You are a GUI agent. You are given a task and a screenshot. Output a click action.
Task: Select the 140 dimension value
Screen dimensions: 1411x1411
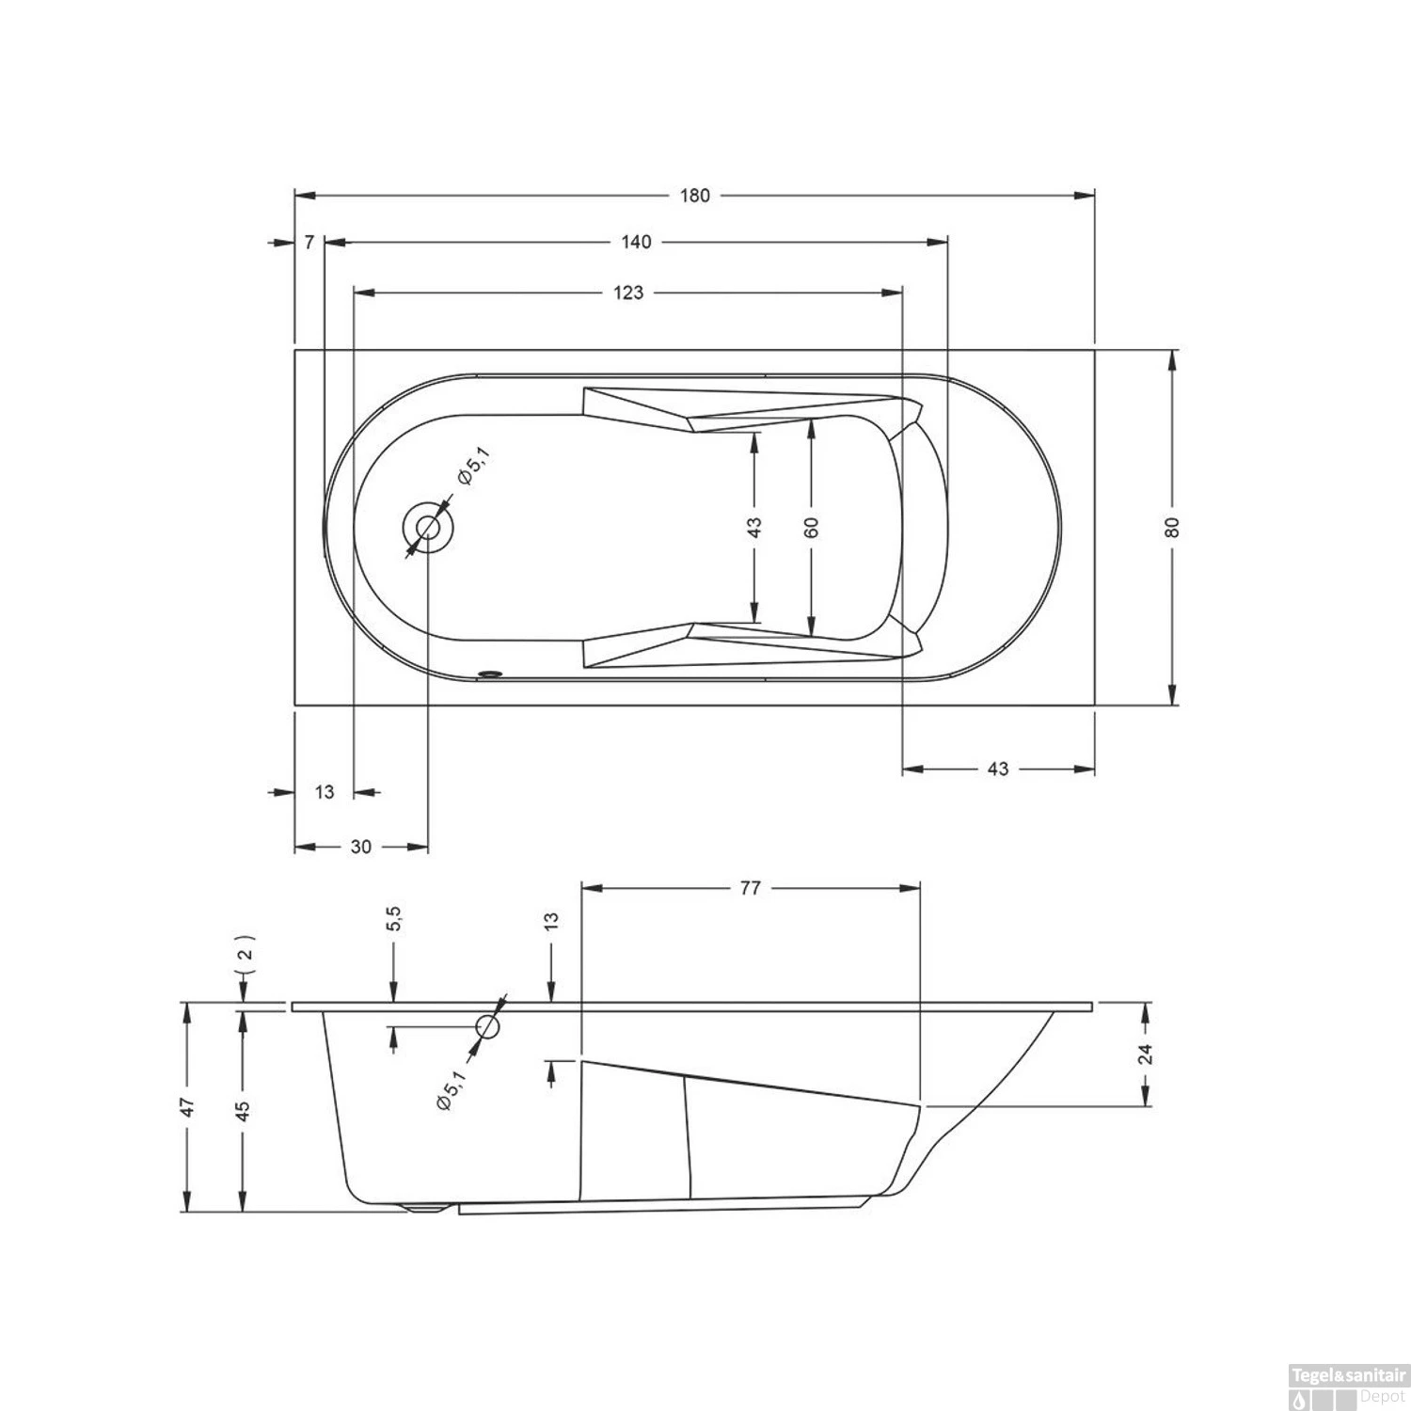click(x=636, y=243)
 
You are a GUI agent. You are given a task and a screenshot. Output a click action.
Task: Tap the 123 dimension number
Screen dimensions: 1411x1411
click(x=628, y=293)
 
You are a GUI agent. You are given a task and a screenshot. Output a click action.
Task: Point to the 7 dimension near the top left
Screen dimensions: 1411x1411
click(x=309, y=243)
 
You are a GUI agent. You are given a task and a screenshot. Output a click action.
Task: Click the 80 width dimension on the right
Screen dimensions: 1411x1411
click(x=1172, y=528)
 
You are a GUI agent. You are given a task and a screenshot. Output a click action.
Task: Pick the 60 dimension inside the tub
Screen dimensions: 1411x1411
click(x=813, y=527)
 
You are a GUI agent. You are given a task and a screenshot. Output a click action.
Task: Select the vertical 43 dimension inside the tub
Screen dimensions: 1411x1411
click(x=754, y=527)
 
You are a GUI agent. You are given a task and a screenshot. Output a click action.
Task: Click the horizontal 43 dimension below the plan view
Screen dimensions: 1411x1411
click(x=998, y=769)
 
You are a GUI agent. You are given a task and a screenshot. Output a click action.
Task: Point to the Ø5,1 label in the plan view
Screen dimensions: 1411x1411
click(x=473, y=467)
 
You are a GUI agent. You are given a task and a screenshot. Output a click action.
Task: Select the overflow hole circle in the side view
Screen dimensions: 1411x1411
click(x=488, y=1026)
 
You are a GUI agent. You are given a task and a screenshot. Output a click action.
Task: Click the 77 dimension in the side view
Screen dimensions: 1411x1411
click(x=749, y=888)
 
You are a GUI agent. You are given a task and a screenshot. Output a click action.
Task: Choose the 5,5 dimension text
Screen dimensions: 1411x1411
click(x=393, y=919)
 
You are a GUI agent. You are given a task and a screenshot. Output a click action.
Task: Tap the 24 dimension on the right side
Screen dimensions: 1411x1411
click(x=1146, y=1054)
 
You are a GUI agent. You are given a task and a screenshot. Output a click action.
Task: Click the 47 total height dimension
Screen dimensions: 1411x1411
click(x=188, y=1107)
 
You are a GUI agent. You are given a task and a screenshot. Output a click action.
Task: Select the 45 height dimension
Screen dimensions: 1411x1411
click(x=243, y=1110)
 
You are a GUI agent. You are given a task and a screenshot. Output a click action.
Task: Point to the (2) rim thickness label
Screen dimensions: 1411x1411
click(x=244, y=952)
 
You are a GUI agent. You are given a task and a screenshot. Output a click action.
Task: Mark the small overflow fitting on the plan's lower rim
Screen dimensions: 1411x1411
click(x=490, y=674)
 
